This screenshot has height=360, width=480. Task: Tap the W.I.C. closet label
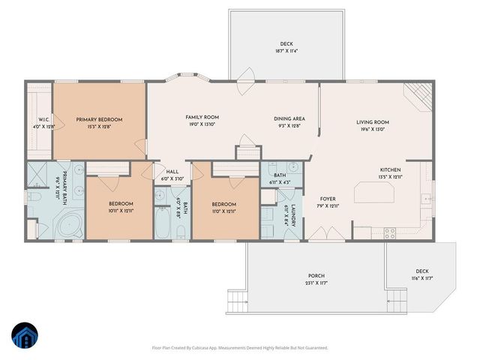[38, 120]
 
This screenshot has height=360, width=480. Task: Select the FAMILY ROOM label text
[202, 117]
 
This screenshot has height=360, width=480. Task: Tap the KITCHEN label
[390, 170]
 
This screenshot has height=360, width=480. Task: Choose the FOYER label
[324, 199]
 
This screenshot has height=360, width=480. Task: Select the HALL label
[172, 171]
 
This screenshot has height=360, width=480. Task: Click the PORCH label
[316, 275]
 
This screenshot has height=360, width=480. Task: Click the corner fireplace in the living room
[418, 95]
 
